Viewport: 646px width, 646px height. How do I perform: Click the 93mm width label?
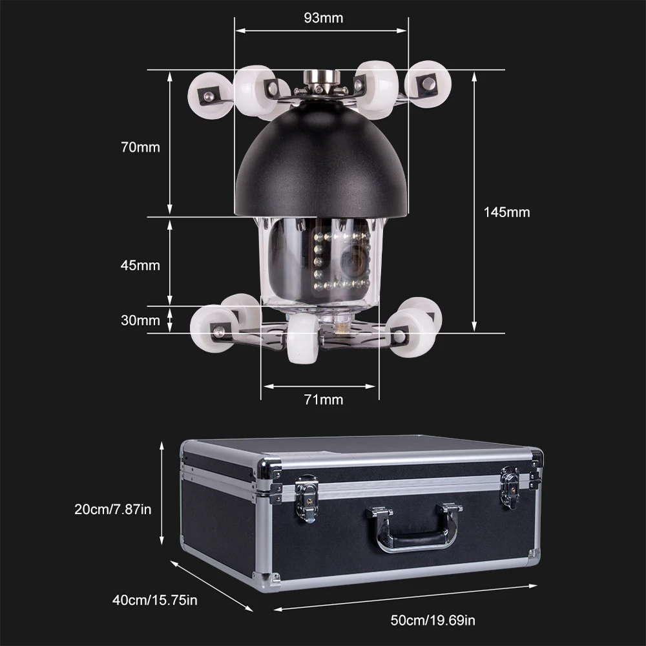click(x=323, y=17)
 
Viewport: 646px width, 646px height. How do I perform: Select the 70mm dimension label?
click(x=140, y=147)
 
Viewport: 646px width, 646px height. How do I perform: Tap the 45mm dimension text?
click(x=140, y=265)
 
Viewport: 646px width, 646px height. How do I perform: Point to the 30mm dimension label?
click(x=140, y=320)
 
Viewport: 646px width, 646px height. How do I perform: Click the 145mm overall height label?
click(x=506, y=212)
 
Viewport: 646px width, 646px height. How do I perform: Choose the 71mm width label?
click(x=323, y=400)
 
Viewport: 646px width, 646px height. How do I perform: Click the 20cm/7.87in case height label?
click(x=114, y=509)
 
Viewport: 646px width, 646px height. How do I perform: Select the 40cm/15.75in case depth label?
click(x=155, y=601)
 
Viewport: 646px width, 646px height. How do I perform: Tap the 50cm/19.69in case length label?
click(x=433, y=621)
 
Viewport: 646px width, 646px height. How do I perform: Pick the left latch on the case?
click(x=307, y=497)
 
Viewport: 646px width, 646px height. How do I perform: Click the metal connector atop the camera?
click(x=321, y=81)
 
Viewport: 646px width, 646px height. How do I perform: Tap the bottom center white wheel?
click(x=303, y=338)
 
